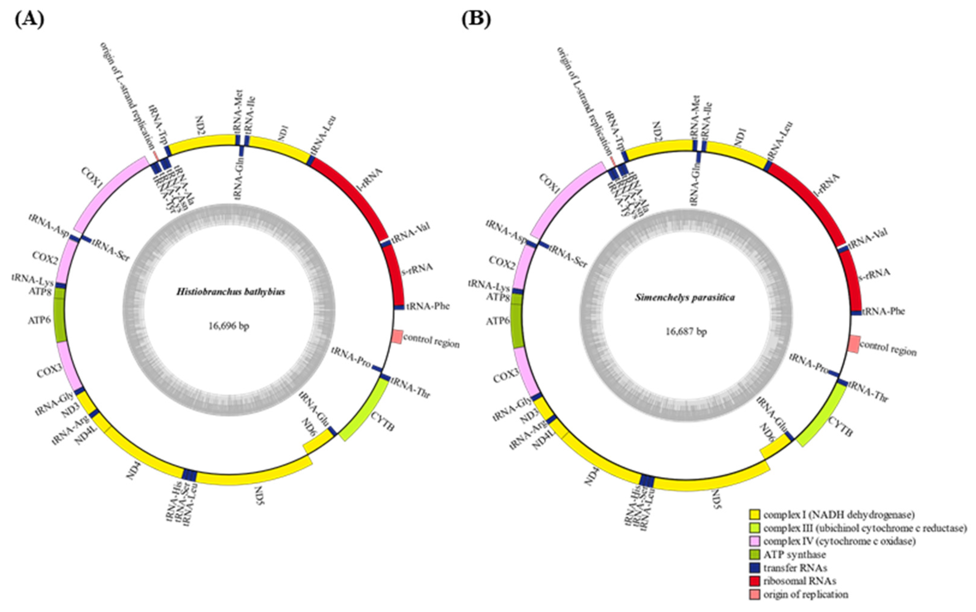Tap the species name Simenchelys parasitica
(685, 298)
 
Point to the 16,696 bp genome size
(229, 326)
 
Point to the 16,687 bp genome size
(686, 332)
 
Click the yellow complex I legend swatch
(754, 515)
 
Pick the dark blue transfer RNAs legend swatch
(754, 568)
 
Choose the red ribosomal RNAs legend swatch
(754, 581)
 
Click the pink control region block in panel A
(397, 337)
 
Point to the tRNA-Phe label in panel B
(883, 312)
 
